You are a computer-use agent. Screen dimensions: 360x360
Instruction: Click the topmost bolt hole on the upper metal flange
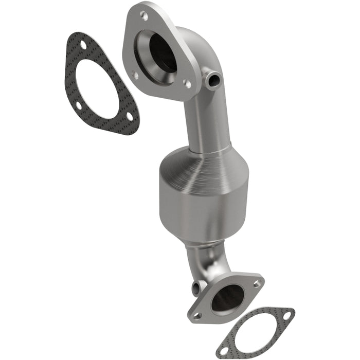(145, 16)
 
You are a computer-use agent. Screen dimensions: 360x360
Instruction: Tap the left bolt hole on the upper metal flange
(136, 75)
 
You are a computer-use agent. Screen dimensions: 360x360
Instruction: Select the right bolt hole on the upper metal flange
(187, 82)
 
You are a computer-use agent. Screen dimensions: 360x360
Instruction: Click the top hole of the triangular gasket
(83, 46)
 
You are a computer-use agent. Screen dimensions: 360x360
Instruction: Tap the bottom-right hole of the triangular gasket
(129, 118)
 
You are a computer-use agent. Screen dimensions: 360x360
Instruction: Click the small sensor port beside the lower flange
(196, 287)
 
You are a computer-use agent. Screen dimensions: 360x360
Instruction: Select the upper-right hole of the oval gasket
(286, 315)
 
